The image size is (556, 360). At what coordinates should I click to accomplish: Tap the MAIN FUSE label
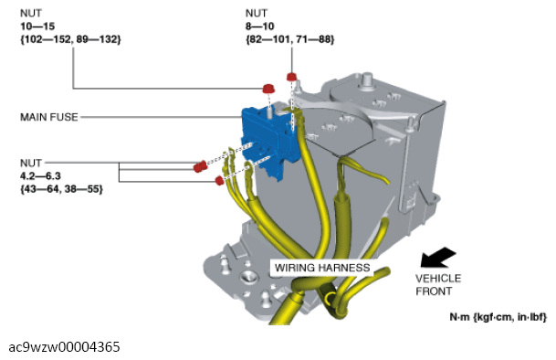[x=49, y=117]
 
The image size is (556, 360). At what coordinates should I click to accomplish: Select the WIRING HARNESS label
[x=322, y=268]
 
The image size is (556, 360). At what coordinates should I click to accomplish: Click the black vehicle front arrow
[x=437, y=258]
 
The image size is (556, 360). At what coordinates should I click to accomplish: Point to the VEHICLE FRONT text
[x=438, y=285]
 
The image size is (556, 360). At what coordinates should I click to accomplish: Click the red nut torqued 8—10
[x=291, y=77]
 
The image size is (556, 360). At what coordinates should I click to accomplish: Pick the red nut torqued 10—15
[x=268, y=89]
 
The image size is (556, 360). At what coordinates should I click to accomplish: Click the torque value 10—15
[x=37, y=26]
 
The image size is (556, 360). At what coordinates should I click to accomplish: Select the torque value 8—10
[x=259, y=26]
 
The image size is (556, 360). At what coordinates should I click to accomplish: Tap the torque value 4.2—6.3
[x=40, y=176]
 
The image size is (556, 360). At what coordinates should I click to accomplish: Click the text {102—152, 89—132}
[x=70, y=39]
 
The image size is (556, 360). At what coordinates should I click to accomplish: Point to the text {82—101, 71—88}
[x=289, y=39]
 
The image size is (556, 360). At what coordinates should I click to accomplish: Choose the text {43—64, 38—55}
[x=61, y=189]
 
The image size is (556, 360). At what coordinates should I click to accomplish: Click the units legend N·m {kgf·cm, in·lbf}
[x=498, y=317]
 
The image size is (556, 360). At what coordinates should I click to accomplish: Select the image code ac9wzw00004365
[x=64, y=347]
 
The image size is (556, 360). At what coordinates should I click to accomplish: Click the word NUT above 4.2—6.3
[x=31, y=163]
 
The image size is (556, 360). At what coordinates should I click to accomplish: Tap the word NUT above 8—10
[x=256, y=14]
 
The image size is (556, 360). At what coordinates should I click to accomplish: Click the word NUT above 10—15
[x=31, y=14]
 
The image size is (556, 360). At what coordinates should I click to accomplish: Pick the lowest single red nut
[x=219, y=180]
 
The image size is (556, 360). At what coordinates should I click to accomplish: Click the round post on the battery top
[x=367, y=78]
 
